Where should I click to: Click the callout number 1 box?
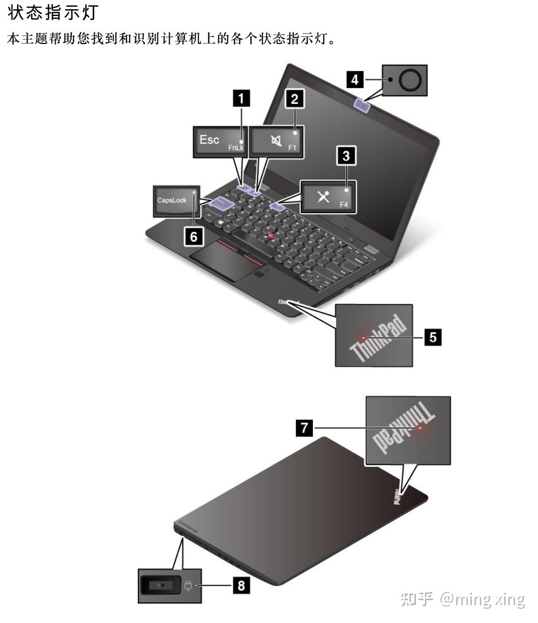242,98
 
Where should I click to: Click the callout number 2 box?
295,98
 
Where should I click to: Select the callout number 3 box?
346,156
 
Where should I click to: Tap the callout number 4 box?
355,80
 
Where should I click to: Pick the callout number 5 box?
433,337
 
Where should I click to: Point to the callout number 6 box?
194,236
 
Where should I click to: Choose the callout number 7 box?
304,428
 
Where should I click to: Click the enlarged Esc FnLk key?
220,142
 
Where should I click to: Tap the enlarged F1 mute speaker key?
277,142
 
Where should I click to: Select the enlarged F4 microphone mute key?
328,197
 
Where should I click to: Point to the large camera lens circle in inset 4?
409,80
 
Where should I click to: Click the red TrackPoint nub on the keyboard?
271,235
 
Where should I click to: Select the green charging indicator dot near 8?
197,585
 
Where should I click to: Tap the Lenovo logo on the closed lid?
187,526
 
